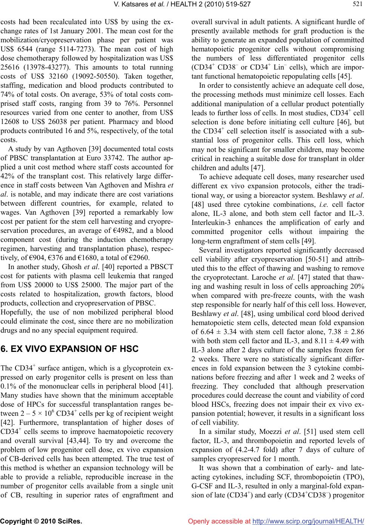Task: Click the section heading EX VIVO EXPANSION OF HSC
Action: pyautogui.click(x=70, y=349)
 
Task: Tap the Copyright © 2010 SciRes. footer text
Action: pyautogui.click(x=41, y=521)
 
